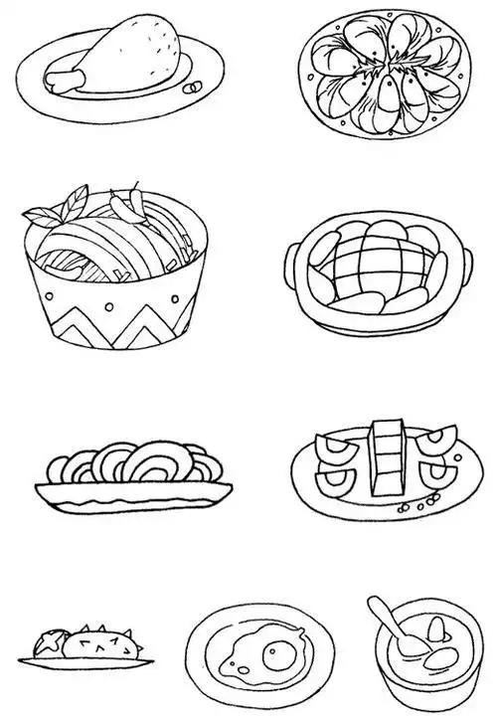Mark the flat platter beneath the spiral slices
134,488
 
